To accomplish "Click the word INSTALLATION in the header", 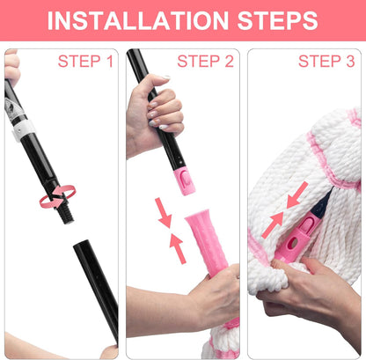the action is tap(138, 20).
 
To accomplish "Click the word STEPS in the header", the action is tap(277, 20).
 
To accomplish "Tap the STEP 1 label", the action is tap(85, 62).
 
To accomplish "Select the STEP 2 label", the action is tap(205, 62).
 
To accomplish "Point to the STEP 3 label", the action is tap(326, 62).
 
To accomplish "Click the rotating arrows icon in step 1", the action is tap(58, 196).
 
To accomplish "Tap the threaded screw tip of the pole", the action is tap(66, 215).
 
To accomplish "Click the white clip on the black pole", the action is tap(23, 130).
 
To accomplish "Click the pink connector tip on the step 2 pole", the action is tap(185, 181).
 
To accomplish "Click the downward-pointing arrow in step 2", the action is tap(163, 213).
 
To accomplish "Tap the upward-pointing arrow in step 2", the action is tap(178, 248).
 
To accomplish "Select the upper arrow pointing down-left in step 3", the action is tap(296, 195).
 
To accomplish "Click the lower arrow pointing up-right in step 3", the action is tap(273, 225).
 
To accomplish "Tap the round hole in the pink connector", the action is tap(293, 243).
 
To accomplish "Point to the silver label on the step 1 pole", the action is tap(12, 110).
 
